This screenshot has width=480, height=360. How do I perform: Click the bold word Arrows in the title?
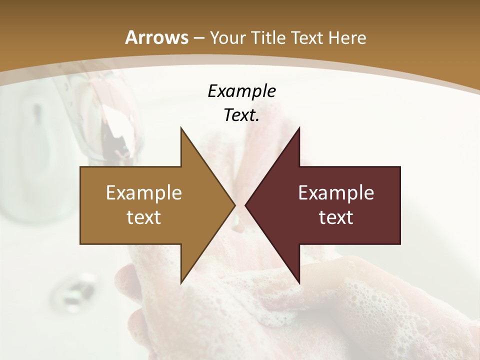[156, 37]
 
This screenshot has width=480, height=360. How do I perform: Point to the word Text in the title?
[309, 38]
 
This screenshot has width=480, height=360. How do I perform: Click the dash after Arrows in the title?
[198, 38]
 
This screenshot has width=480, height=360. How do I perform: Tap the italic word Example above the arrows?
[241, 91]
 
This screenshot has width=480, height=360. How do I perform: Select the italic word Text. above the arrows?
[241, 115]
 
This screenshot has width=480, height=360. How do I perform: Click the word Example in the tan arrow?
[144, 193]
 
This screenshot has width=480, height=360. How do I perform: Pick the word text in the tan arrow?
[144, 217]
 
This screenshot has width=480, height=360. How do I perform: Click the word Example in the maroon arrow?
[336, 193]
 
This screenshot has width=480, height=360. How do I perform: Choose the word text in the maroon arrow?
[336, 217]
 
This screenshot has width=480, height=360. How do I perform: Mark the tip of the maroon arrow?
[246, 205]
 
